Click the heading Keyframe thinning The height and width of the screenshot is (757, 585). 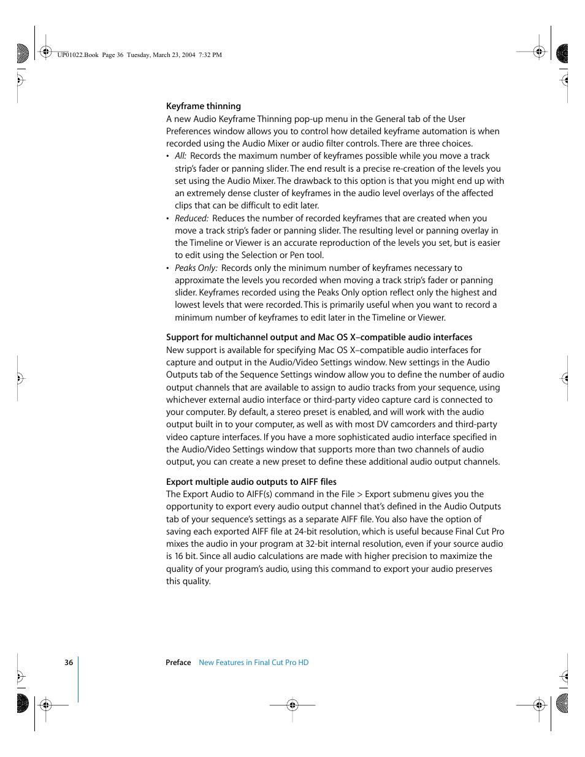[203, 106]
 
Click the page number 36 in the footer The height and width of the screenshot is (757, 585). [69, 663]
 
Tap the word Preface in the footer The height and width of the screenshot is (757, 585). [178, 663]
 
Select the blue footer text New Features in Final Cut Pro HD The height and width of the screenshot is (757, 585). [253, 663]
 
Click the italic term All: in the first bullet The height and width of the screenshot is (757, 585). [180, 156]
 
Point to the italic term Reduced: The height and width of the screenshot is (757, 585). [191, 218]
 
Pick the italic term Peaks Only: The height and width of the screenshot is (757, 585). [196, 268]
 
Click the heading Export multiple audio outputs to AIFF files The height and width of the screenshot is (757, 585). [251, 482]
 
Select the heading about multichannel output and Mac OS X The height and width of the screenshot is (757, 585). [319, 337]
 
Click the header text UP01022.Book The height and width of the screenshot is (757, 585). [78, 55]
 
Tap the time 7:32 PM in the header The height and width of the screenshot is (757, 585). [210, 55]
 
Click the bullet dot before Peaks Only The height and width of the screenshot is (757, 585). [168, 268]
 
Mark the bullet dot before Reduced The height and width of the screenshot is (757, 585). [168, 219]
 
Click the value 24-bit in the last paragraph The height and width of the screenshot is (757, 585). [307, 531]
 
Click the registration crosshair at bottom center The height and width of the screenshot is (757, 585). [292, 705]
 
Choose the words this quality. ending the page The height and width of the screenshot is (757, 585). [188, 581]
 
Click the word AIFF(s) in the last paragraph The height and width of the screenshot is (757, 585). [259, 494]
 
